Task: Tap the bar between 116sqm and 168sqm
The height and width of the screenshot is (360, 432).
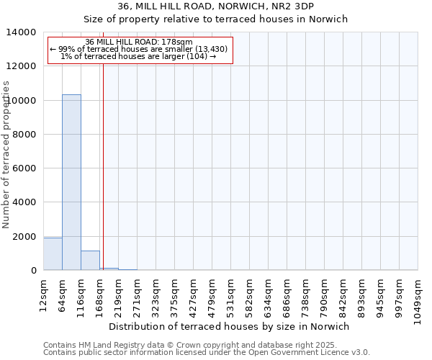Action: (x=90, y=261)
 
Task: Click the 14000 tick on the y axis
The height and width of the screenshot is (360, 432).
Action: (x=24, y=32)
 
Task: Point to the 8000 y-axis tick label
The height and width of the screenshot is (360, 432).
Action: (x=27, y=135)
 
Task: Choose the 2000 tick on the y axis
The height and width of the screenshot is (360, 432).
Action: (x=27, y=237)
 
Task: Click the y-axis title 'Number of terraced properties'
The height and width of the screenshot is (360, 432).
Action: (x=6, y=154)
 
